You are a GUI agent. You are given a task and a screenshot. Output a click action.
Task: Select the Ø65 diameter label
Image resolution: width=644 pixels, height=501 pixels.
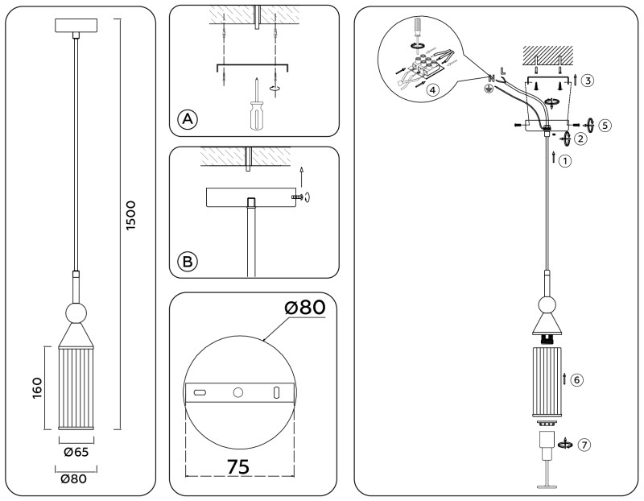coord(76,453)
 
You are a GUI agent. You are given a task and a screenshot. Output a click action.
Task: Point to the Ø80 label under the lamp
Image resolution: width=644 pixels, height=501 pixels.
coord(76,478)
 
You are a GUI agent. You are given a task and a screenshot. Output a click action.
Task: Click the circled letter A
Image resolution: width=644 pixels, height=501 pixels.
coord(187,120)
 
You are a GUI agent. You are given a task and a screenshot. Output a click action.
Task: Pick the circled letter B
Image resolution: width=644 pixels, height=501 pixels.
coord(187,261)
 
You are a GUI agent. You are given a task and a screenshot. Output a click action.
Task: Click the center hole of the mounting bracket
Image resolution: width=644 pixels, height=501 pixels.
coord(237,392)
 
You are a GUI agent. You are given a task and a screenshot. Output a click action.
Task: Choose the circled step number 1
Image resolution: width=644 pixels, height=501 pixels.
coord(566,160)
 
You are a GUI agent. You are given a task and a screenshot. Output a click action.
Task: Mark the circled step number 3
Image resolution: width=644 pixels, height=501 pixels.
coord(588,80)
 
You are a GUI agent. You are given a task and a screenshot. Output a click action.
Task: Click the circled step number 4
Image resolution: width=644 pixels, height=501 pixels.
coord(433,90)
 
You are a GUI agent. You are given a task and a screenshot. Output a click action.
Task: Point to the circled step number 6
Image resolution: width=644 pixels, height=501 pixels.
coord(576,379)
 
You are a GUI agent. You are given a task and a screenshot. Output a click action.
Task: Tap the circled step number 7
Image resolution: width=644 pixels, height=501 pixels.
coord(584,444)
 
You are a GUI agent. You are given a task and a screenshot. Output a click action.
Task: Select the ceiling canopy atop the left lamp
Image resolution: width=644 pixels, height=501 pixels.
coord(76,26)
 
